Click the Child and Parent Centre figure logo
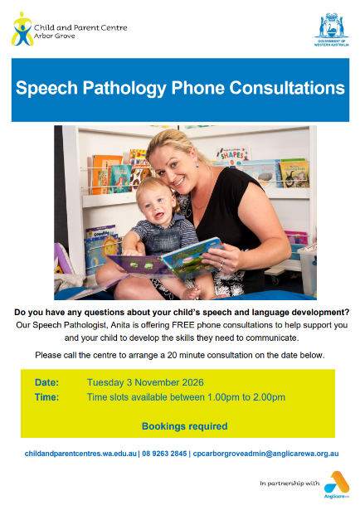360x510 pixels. point(22,29)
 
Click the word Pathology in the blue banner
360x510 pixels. point(124,89)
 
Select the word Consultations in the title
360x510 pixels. point(287,88)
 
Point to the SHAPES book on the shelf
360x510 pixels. point(232,154)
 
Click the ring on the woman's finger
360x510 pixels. point(221,264)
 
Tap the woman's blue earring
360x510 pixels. point(197,164)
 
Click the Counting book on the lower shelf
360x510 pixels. point(101,232)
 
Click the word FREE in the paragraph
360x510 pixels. point(183,325)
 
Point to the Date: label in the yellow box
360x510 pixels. point(46,382)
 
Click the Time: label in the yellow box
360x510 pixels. point(46,397)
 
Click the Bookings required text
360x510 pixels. point(185,426)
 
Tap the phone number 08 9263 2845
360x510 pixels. point(164,454)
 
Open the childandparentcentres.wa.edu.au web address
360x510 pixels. point(80,454)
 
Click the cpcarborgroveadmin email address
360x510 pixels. point(265,454)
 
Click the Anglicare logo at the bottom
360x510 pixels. point(337,484)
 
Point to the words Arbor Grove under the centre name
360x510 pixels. point(54,36)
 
